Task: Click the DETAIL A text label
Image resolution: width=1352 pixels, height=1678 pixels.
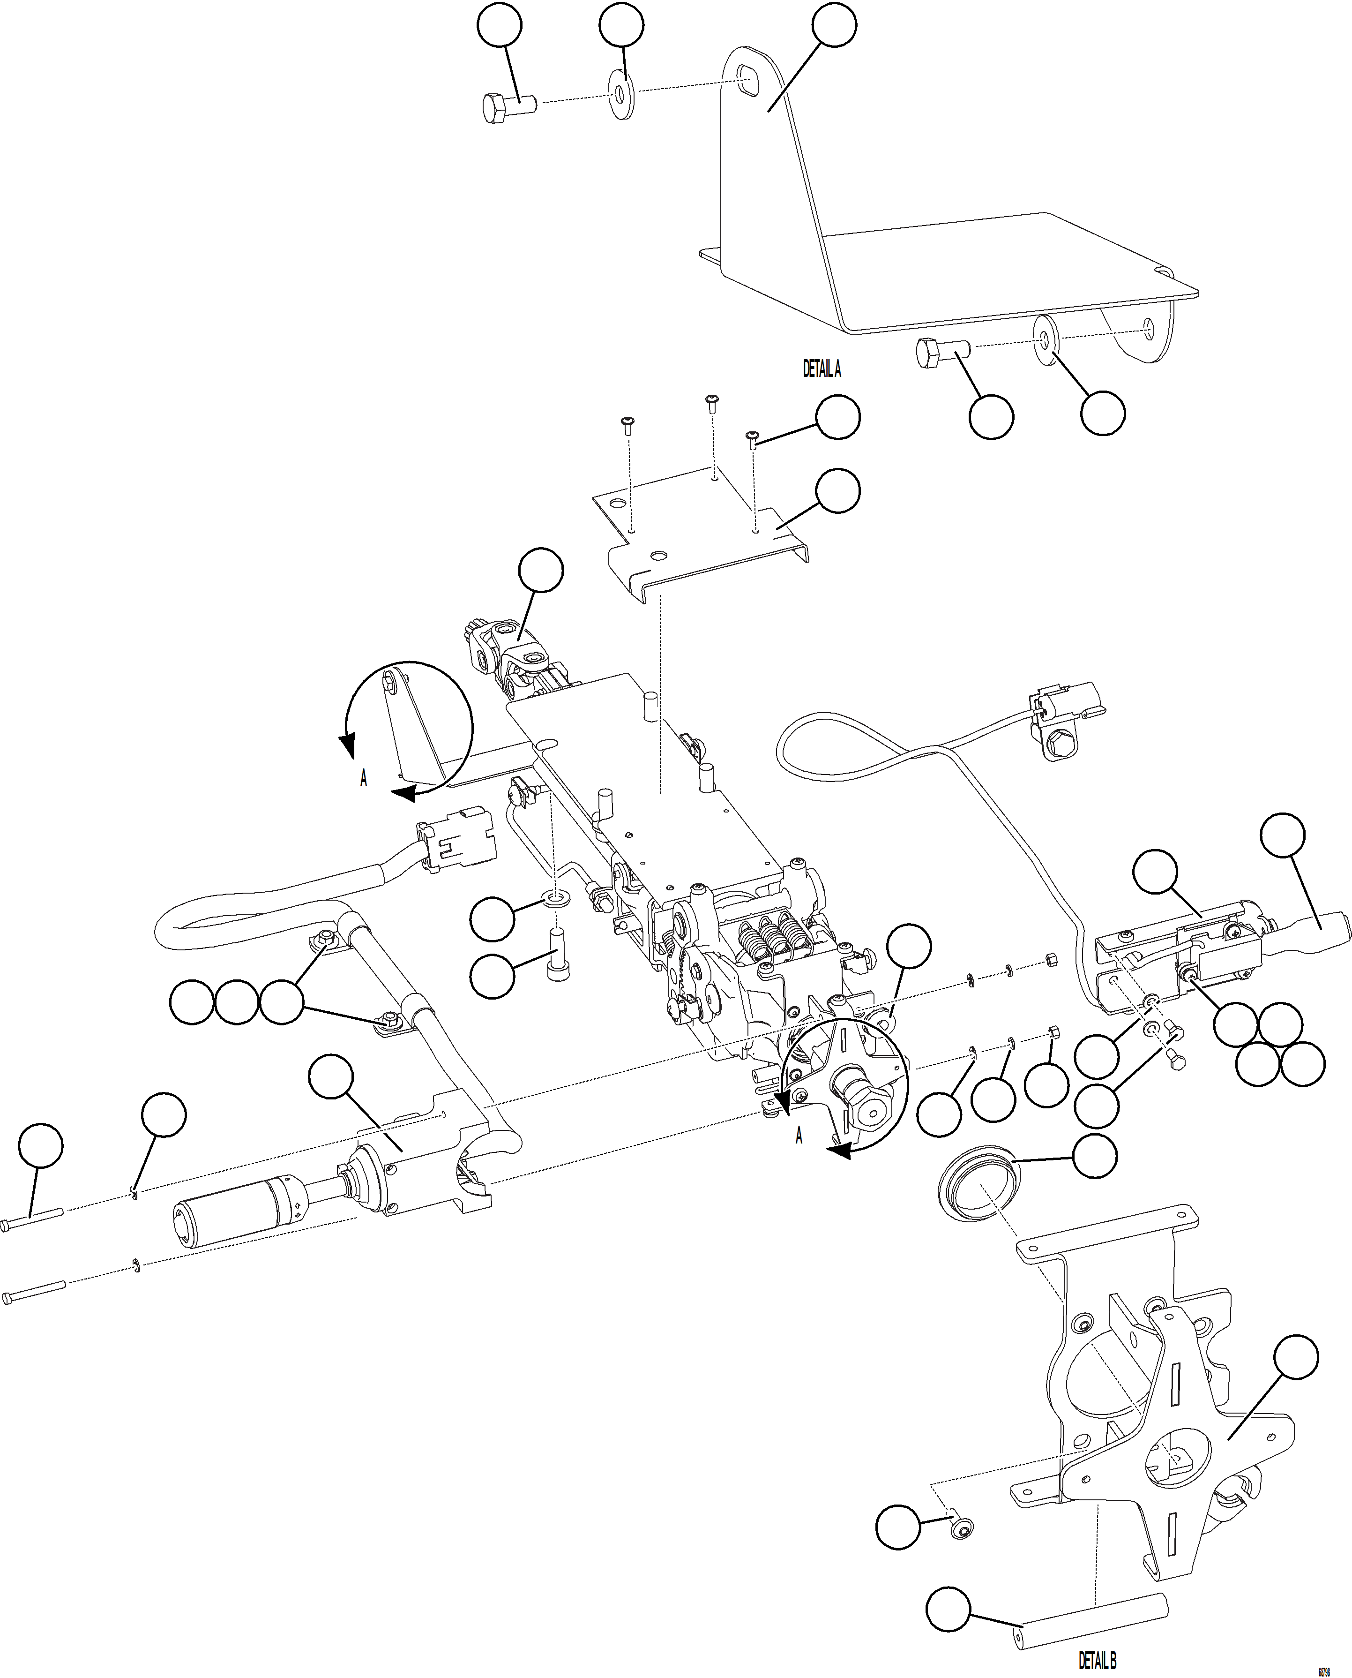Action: (x=822, y=369)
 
